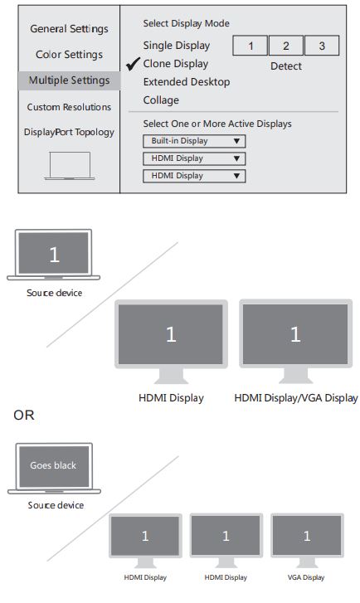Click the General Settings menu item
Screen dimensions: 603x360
click(69, 29)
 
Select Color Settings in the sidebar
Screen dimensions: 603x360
click(69, 55)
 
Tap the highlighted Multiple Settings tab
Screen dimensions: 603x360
click(69, 80)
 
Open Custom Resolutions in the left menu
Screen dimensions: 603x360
click(69, 107)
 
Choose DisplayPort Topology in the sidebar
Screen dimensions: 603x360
click(69, 132)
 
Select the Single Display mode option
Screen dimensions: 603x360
click(176, 46)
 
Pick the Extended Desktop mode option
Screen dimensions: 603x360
click(186, 82)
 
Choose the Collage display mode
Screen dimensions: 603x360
click(160, 100)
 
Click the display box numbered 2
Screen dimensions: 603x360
click(286, 46)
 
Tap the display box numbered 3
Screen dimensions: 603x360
click(322, 46)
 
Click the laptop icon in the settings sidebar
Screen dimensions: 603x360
click(70, 166)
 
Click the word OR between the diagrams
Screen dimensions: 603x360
click(24, 415)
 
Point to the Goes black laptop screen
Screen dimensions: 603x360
click(53, 466)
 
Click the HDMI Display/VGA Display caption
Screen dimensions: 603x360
click(296, 398)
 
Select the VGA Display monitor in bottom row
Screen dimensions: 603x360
click(306, 537)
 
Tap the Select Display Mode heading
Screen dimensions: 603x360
click(186, 24)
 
